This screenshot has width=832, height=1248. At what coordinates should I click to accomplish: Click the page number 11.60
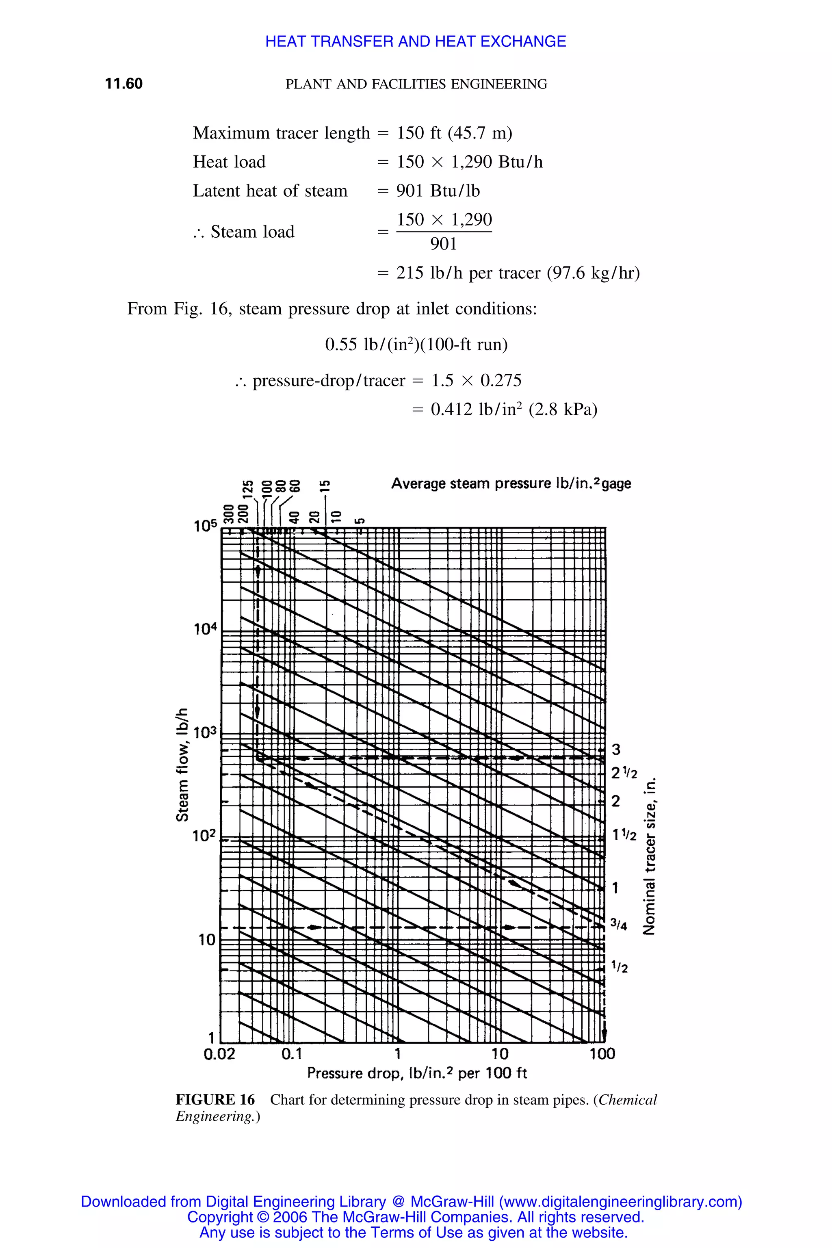point(123,84)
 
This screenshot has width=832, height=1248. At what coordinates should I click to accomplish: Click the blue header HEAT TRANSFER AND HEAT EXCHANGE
point(416,41)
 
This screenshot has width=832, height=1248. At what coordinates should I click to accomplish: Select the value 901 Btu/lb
point(438,191)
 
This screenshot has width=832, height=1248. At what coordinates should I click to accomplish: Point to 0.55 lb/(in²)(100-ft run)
point(416,345)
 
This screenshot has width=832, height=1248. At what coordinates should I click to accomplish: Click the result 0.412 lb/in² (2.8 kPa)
point(513,409)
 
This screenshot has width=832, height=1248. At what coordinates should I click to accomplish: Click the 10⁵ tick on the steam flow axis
point(205,526)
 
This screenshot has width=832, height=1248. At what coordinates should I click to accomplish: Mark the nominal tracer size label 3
point(616,750)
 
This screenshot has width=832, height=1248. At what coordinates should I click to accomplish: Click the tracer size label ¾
point(619,925)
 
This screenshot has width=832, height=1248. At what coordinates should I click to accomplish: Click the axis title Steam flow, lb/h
point(182,765)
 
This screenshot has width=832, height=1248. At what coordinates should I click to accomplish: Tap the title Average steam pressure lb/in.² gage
point(511,483)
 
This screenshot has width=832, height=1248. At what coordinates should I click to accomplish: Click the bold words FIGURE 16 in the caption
point(215,1100)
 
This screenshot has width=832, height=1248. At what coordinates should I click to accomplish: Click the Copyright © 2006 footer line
point(416,1217)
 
